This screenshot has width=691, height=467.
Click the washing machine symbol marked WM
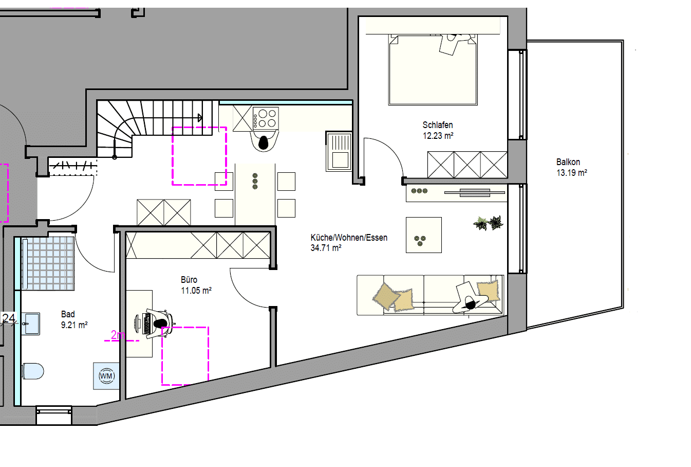(106, 376)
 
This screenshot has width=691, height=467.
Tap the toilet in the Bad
(33, 371)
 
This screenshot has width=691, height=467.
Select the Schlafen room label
(437, 125)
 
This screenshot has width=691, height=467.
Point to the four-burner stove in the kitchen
(266, 119)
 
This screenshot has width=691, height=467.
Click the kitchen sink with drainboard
(339, 152)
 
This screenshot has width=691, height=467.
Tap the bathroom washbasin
(31, 324)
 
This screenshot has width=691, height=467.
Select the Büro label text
(189, 280)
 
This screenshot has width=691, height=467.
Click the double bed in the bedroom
(433, 70)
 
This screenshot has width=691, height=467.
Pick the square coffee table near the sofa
(423, 235)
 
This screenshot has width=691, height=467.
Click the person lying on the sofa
(471, 297)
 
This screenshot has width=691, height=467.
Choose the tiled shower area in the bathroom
(48, 263)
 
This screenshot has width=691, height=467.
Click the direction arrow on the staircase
(200, 118)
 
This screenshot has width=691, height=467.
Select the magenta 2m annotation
(118, 335)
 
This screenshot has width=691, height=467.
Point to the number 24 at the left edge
(9, 318)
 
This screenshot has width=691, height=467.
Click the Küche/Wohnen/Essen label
(349, 238)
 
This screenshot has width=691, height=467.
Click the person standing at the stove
(264, 141)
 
